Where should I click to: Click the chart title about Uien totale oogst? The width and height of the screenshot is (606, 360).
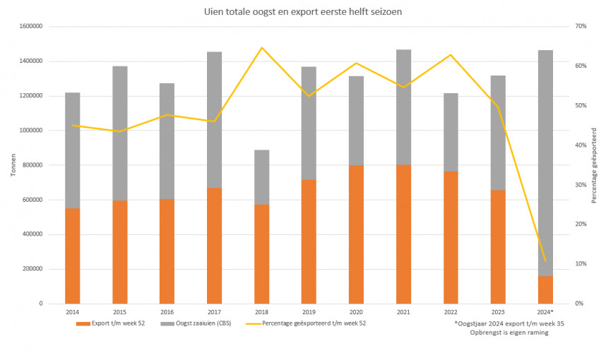click(303, 11)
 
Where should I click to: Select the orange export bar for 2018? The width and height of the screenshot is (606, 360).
click(261, 253)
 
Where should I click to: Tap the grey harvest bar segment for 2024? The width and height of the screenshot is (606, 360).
click(545, 162)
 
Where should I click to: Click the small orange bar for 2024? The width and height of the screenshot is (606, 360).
click(545, 289)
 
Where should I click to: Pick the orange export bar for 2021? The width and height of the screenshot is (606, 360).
click(403, 234)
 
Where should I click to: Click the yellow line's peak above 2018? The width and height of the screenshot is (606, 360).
click(261, 47)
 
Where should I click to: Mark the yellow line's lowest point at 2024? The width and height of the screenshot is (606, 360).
click(545, 261)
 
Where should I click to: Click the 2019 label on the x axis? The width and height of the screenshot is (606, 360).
click(309, 311)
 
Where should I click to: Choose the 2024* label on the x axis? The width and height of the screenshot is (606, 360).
click(545, 311)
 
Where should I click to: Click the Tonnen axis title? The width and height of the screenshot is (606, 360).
click(12, 165)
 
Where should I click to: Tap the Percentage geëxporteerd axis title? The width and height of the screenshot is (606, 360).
click(594, 165)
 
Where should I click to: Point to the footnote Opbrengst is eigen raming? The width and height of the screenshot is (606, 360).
click(509, 332)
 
